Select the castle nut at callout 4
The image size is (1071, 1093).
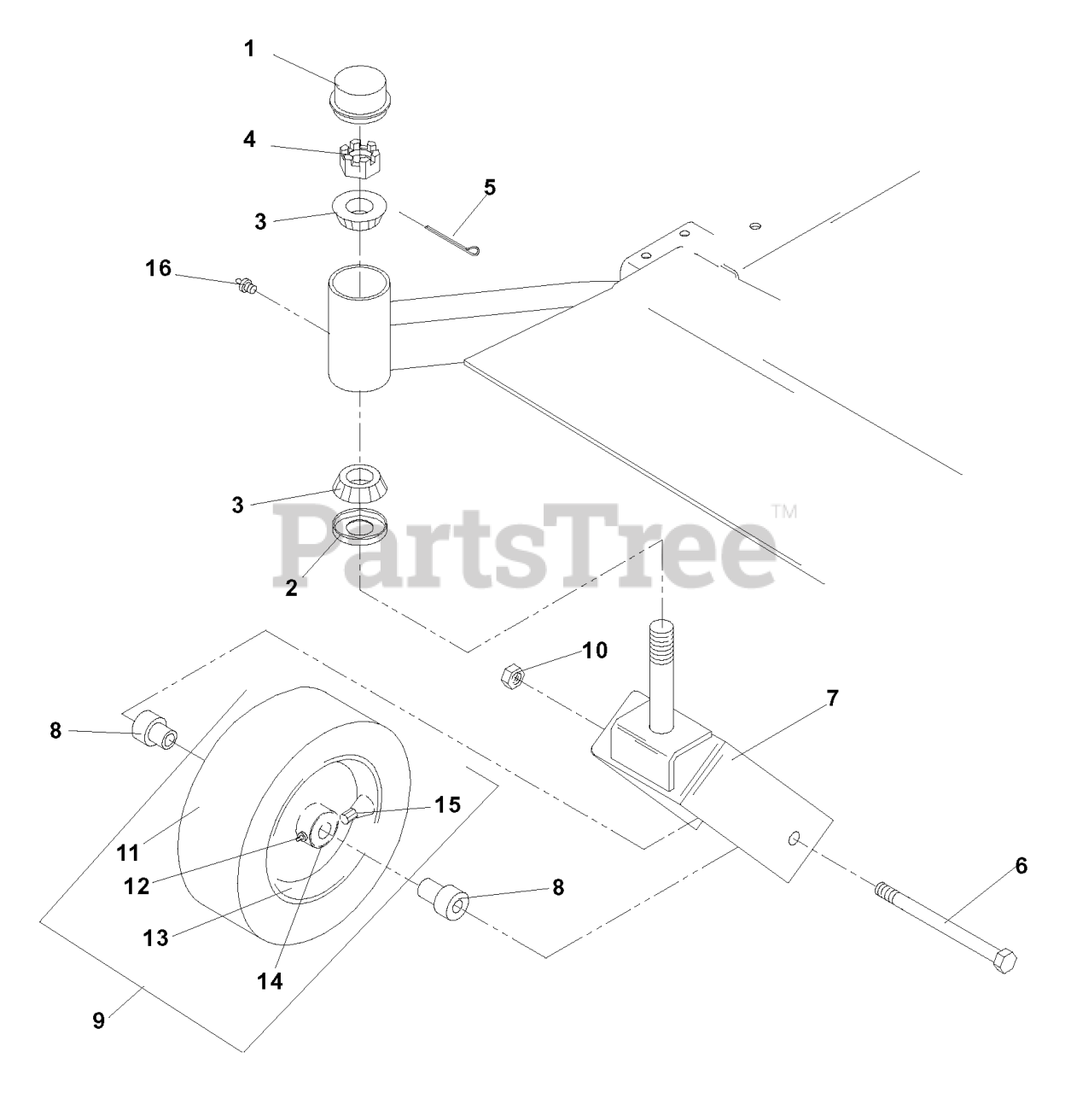point(360,161)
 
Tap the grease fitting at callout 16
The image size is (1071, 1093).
point(245,285)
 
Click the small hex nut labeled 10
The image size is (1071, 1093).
point(513,676)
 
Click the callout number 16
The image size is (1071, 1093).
point(158,268)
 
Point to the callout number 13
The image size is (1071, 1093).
point(155,938)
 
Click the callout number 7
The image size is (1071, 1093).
point(832,698)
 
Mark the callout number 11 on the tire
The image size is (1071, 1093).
point(128,852)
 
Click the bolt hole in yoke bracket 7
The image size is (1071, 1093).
point(794,839)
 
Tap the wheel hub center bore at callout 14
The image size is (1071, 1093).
point(325,832)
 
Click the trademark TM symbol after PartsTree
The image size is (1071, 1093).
point(785,511)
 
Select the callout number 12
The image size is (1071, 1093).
point(137,886)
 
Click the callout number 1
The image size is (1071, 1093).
point(249,50)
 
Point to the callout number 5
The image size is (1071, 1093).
point(489,187)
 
